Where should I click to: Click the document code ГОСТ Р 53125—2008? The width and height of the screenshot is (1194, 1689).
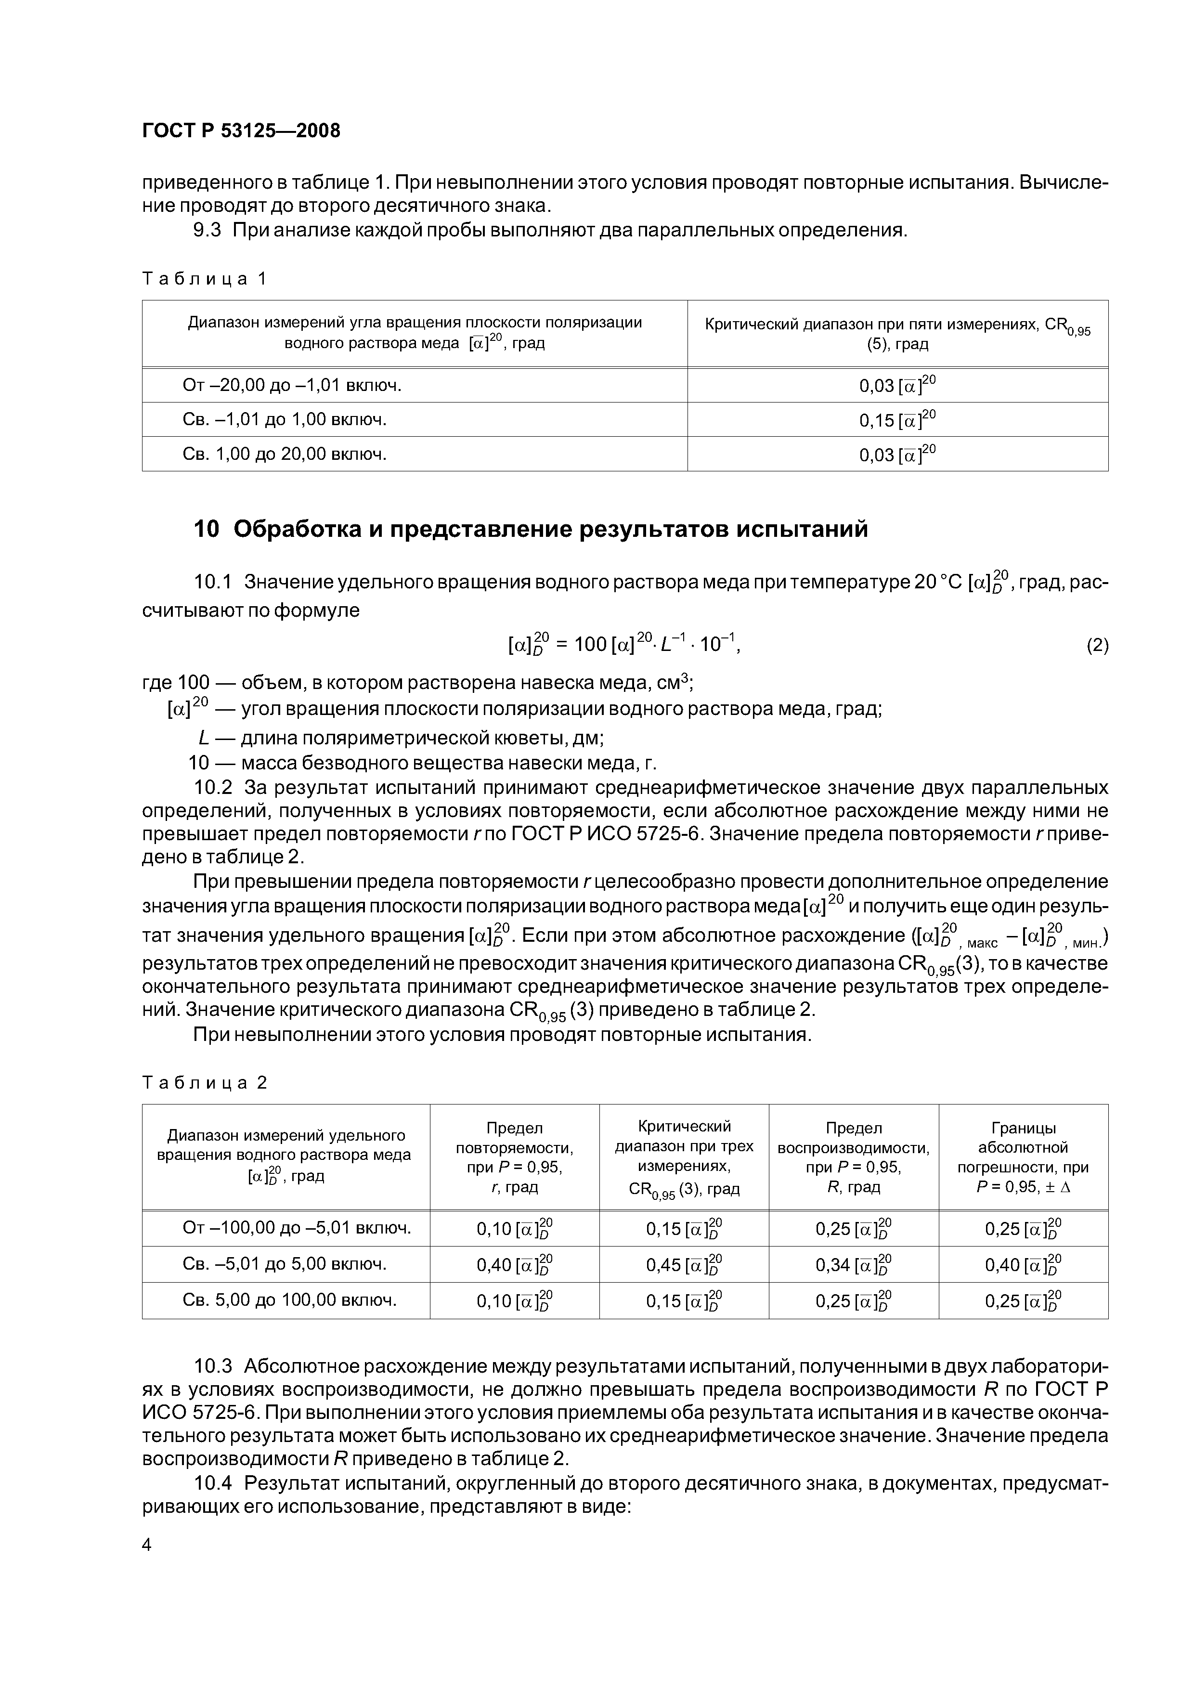[241, 131]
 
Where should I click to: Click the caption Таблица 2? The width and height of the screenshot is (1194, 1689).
[205, 1082]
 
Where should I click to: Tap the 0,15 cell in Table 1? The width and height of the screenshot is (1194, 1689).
[897, 419]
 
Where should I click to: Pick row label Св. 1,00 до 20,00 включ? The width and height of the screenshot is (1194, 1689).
[284, 454]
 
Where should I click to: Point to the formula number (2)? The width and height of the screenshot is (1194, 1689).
[1097, 645]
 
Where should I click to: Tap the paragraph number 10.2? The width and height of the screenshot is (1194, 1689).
[213, 787]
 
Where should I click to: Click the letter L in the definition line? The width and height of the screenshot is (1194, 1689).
[202, 737]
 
